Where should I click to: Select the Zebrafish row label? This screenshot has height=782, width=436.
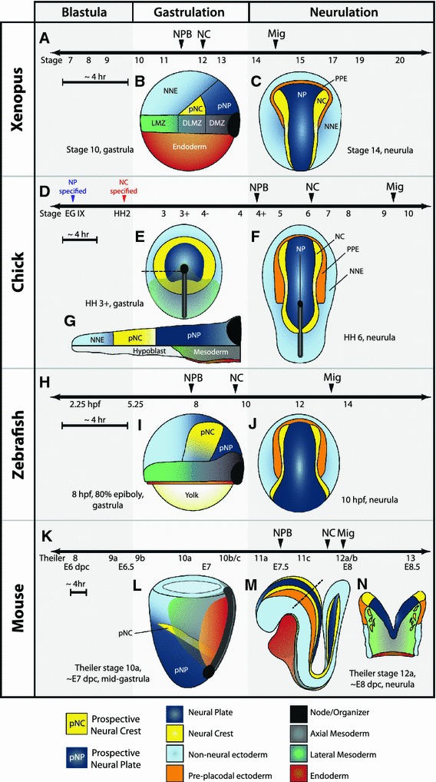point(18,444)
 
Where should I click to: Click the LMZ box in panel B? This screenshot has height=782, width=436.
point(158,123)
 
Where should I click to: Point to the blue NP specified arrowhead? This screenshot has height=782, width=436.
point(73,198)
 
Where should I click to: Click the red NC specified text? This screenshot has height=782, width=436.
point(124,187)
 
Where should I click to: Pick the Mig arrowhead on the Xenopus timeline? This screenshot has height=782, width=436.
point(276,45)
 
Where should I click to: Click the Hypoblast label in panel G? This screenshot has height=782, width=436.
point(149,351)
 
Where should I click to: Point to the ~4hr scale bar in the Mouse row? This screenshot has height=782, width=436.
point(79,592)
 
